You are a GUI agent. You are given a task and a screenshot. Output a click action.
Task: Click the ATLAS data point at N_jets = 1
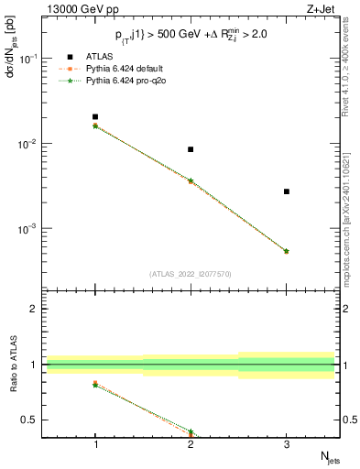[95, 117]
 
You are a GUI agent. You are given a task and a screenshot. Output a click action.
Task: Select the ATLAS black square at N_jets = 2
[191, 149]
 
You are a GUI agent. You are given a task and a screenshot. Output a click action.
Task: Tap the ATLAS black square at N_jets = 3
[287, 191]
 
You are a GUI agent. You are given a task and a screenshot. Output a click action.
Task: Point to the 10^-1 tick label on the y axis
[28, 59]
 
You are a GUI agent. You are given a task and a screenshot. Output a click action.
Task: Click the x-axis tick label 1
[95, 442]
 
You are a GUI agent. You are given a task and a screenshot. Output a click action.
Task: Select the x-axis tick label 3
[287, 442]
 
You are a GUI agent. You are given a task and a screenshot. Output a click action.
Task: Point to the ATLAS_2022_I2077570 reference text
[190, 273]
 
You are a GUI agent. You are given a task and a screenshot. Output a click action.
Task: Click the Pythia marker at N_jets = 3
[287, 251]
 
